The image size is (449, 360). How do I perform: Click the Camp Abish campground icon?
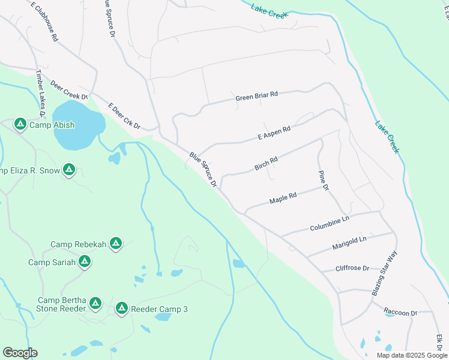20,124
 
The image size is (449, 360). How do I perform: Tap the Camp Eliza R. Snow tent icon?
69,170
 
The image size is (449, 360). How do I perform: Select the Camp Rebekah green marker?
116,244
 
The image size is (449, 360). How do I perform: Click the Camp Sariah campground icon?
85,262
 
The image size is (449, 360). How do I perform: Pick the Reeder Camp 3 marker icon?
122,308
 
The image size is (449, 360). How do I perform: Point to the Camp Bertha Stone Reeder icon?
95,304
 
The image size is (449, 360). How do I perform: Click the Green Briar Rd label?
257,96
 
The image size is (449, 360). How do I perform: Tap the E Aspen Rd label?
274,133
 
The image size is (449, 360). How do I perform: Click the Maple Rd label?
283,198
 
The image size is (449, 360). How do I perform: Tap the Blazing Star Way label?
385,274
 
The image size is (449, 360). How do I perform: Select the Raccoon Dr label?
400,313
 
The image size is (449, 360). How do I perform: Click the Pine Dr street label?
323,180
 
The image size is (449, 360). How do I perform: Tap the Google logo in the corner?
20,353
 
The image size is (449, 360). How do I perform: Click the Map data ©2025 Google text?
411,355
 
